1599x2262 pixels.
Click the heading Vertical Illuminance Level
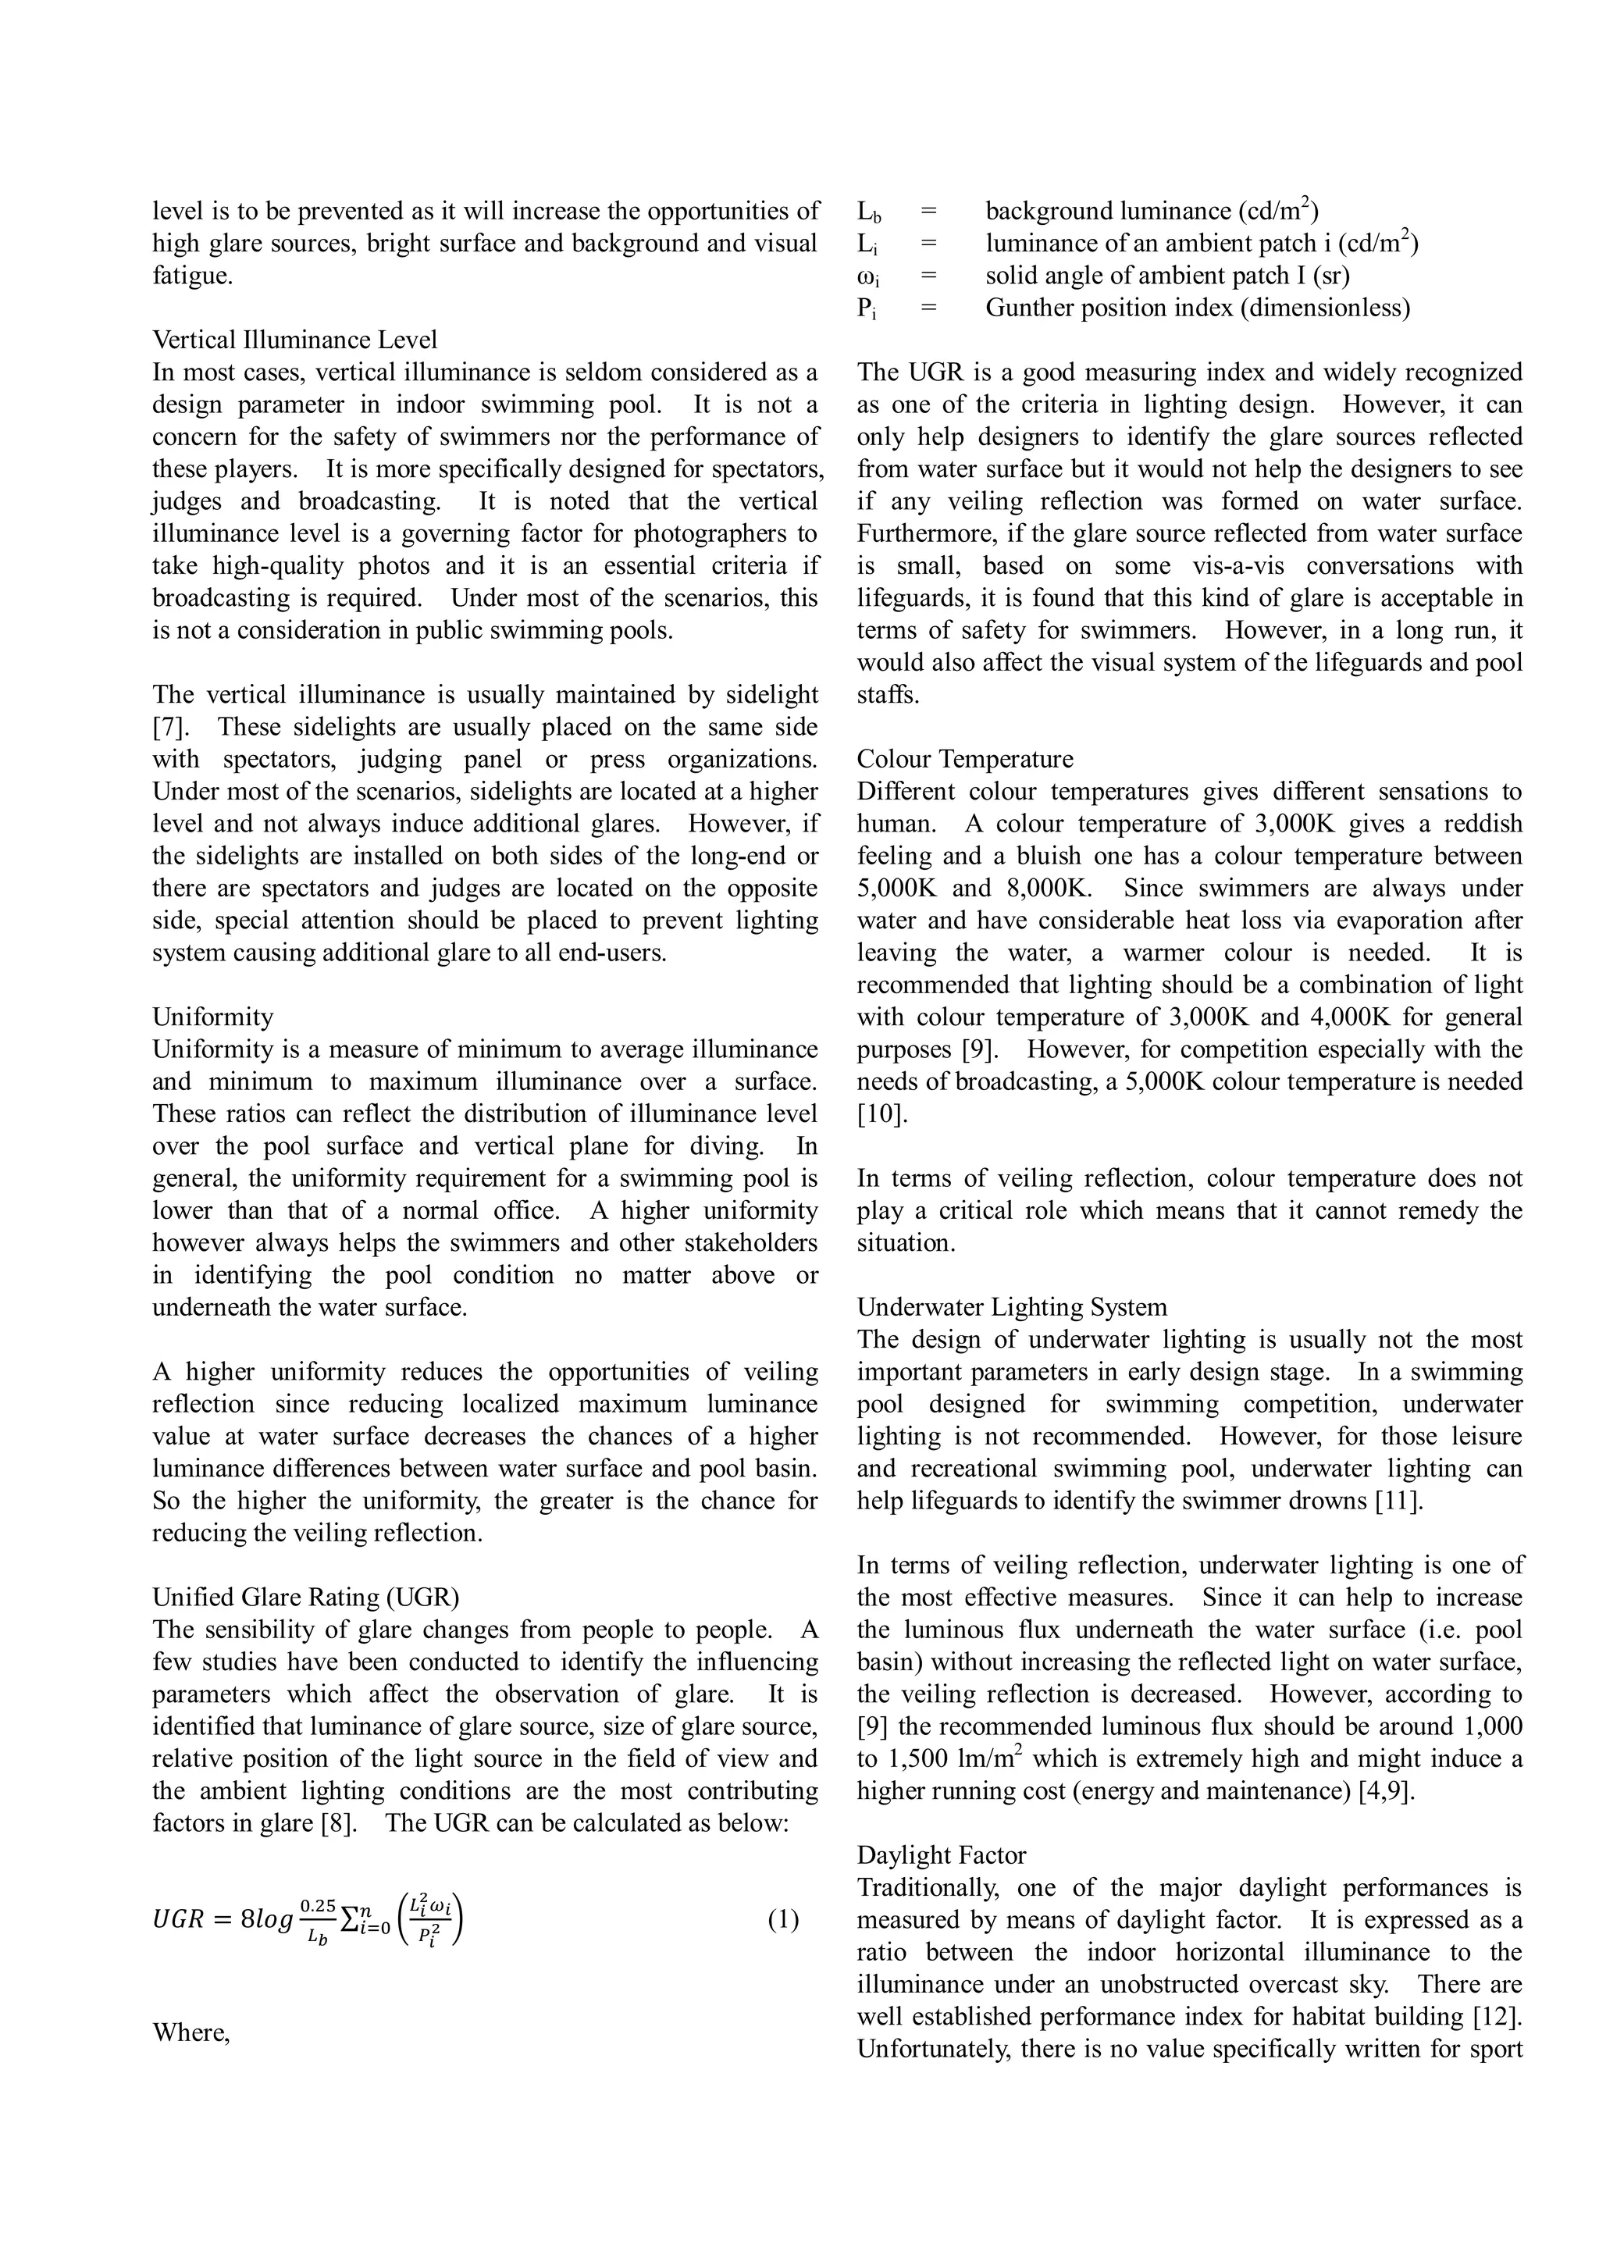coord(294,340)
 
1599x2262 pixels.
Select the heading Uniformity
coord(213,1017)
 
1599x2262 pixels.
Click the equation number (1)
coord(783,1920)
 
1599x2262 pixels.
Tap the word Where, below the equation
coord(191,2032)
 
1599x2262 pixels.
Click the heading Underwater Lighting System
coord(1011,1307)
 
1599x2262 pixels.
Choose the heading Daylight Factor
coord(941,1855)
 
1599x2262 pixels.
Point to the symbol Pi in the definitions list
coord(866,309)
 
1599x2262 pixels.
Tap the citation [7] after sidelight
coord(170,727)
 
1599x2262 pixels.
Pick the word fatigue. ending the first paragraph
coord(193,276)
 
